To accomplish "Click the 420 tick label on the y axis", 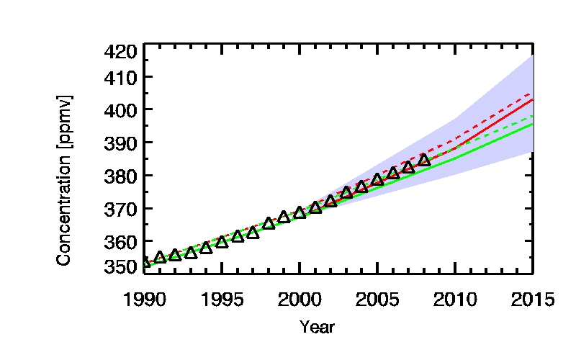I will coord(120,51).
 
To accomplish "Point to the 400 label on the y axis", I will coord(120,110).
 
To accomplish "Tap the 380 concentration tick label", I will coord(120,176).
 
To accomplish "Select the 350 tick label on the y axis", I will coord(120,267).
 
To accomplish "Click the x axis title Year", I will coord(317,328).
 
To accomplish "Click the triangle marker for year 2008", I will coord(424,160).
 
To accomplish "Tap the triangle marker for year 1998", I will coord(269,223).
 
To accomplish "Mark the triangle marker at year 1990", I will coord(145,262).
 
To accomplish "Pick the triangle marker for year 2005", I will coord(377,179).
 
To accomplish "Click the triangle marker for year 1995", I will coord(222,241).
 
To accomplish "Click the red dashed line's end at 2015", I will coord(531,94).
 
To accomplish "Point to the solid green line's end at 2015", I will coord(531,124).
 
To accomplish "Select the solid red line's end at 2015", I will coord(531,100).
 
